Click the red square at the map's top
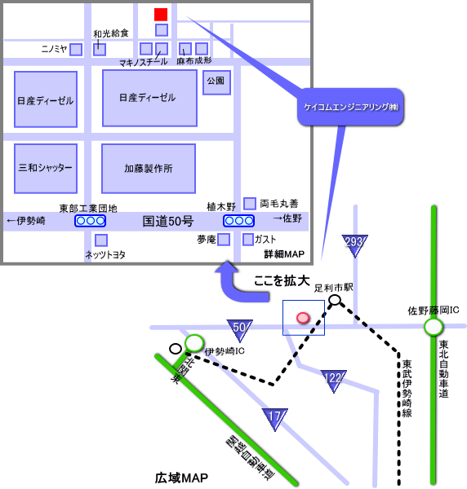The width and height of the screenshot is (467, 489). click(x=161, y=15)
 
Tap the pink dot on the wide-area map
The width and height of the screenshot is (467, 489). click(x=303, y=318)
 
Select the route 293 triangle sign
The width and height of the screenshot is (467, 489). click(x=354, y=244)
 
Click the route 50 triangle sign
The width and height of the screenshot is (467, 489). click(x=239, y=329)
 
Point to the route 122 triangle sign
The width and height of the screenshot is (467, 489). click(x=334, y=381)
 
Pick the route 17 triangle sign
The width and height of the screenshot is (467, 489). click(x=275, y=418)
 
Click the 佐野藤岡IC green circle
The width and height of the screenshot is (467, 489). click(x=434, y=327)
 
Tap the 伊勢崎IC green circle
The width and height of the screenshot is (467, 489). click(x=194, y=343)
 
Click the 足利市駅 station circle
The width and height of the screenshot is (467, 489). click(x=335, y=300)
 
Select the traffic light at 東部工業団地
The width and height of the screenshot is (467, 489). click(x=90, y=221)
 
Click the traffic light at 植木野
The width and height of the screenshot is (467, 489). click(x=238, y=221)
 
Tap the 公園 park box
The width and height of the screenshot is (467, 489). click(x=217, y=82)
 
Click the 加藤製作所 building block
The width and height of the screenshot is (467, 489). click(x=149, y=169)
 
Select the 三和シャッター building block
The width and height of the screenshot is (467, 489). click(x=46, y=169)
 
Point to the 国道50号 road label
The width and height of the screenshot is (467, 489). click(x=168, y=222)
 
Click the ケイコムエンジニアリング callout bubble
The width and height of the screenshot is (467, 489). click(x=350, y=107)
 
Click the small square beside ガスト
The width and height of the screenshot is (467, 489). click(x=248, y=240)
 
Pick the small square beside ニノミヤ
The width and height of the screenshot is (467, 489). click(x=76, y=49)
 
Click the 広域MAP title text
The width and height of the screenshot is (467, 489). click(x=181, y=478)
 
